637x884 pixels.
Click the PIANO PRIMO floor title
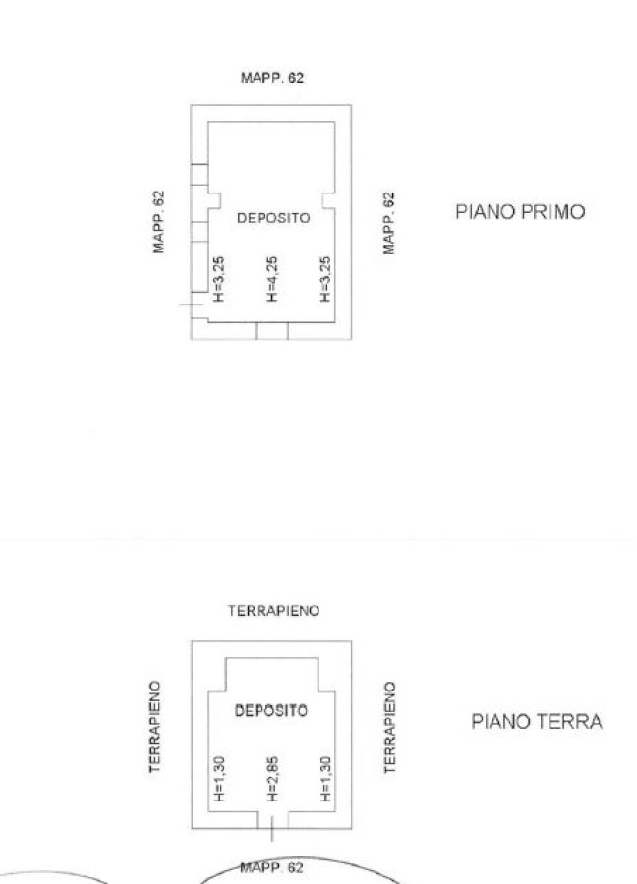tap(520, 212)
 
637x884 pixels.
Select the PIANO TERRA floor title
tap(537, 722)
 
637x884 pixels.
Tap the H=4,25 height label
tap(272, 279)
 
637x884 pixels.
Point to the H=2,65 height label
tap(272, 779)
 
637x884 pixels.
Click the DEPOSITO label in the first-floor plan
tap(273, 218)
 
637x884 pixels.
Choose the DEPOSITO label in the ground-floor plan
tap(271, 710)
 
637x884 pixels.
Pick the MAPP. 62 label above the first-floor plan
tap(272, 78)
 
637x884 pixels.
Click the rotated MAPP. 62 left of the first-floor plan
tap(159, 222)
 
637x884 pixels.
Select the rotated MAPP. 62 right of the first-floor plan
tap(388, 223)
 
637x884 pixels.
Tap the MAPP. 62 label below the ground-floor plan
tap(272, 867)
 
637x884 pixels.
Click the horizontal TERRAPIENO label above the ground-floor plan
tap(273, 611)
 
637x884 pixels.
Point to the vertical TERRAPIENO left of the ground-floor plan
tap(155, 727)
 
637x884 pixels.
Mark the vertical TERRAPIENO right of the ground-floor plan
tap(390, 727)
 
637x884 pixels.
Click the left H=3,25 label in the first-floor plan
tap(219, 279)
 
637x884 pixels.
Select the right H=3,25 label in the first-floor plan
tap(325, 279)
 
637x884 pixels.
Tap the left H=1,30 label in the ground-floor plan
tap(219, 779)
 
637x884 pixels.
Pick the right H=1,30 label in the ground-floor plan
tap(325, 779)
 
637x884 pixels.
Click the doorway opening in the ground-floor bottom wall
tap(272, 820)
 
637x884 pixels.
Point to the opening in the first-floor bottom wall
tap(272, 331)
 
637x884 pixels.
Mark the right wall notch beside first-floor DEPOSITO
tap(329, 200)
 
